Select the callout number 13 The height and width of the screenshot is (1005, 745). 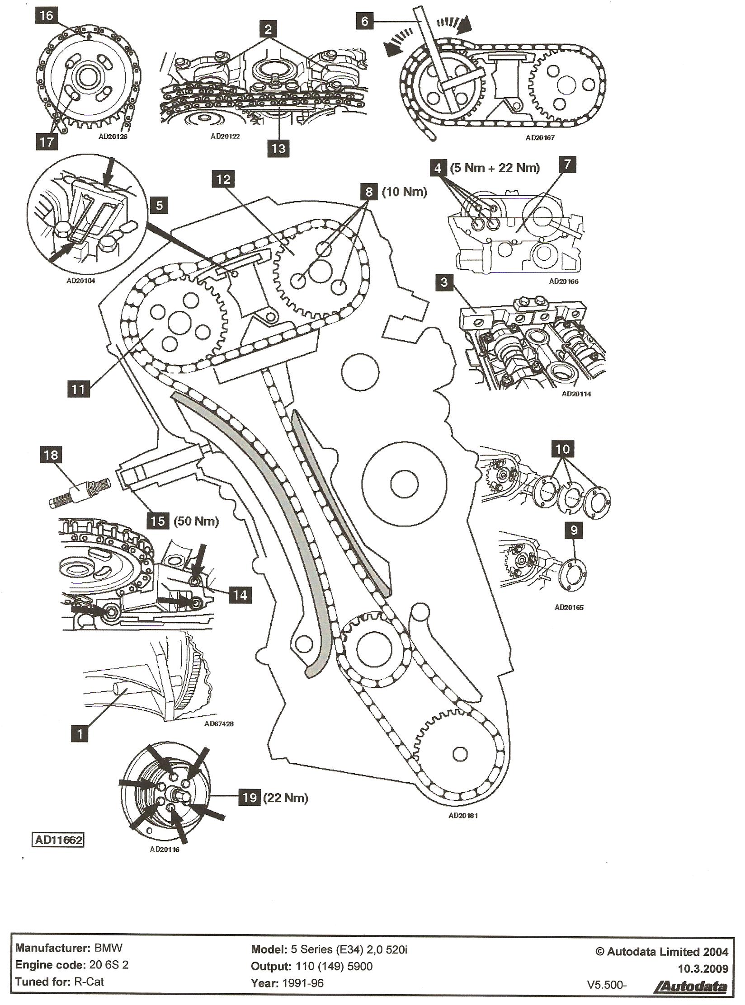click(x=278, y=148)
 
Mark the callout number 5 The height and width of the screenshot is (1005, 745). click(x=159, y=206)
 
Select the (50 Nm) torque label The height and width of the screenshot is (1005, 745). click(x=196, y=521)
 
